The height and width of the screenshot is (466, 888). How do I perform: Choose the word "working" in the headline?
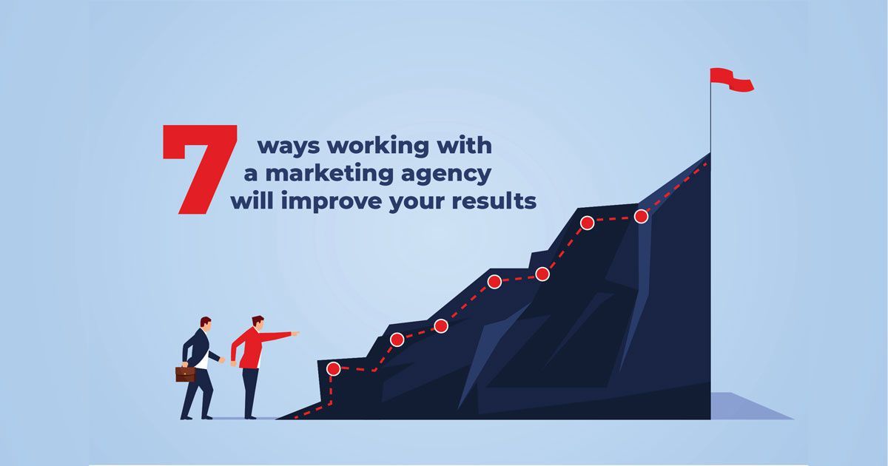tap(378, 146)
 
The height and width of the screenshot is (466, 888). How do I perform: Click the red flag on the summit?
tap(731, 80)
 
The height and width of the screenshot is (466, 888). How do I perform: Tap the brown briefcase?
tap(186, 374)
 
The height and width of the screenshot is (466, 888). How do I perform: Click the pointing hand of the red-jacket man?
tap(295, 334)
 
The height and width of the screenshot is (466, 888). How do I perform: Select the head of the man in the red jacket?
tap(258, 323)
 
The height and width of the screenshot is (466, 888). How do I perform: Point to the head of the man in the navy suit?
tap(206, 324)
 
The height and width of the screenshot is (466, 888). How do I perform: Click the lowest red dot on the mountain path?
tap(334, 368)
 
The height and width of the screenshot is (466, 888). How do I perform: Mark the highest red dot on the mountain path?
tap(641, 216)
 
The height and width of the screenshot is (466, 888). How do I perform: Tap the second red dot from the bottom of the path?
tap(397, 340)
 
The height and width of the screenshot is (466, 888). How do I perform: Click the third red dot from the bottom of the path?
tap(441, 326)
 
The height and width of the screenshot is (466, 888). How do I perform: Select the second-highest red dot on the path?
tap(587, 223)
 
